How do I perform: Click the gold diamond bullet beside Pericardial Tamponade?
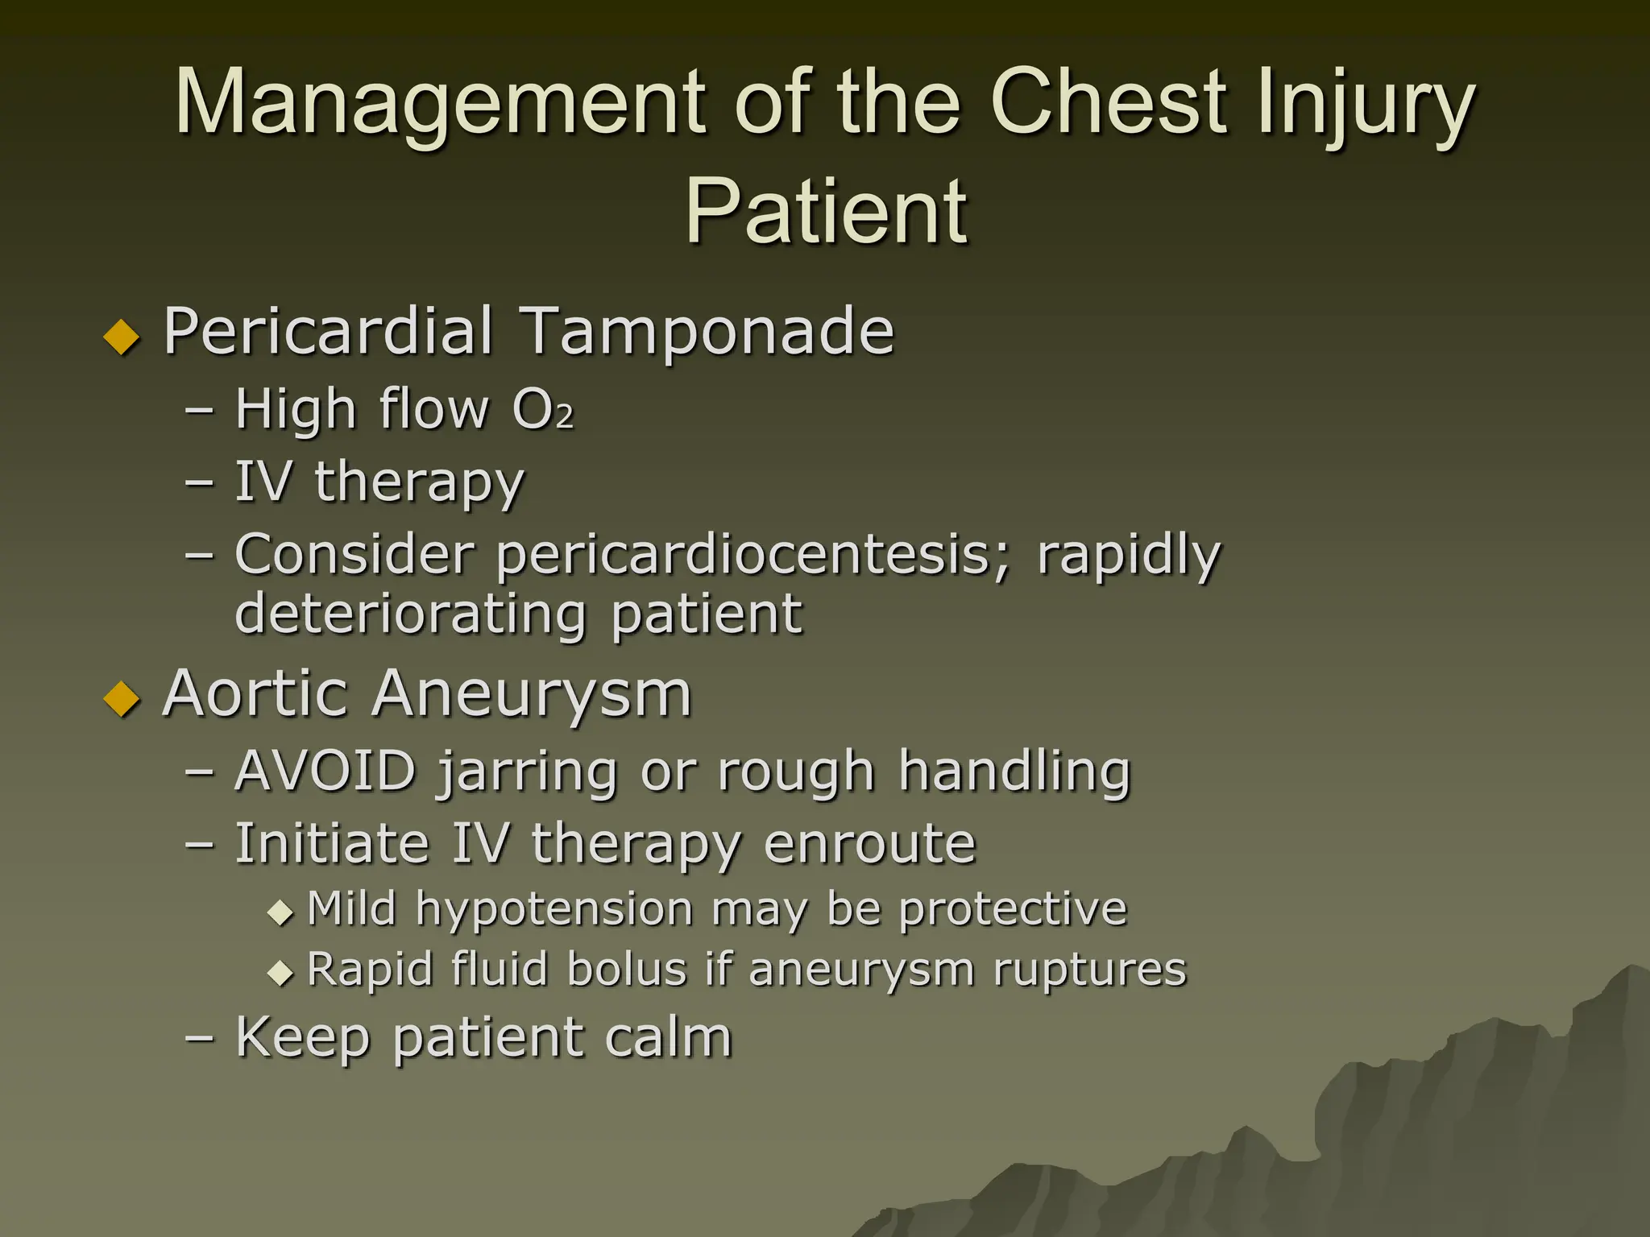click(x=122, y=336)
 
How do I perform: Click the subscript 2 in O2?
click(x=565, y=416)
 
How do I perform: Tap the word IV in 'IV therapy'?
click(x=263, y=482)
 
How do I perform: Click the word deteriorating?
click(x=411, y=614)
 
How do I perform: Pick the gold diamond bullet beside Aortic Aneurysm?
click(x=122, y=698)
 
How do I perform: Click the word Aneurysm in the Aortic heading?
click(x=532, y=693)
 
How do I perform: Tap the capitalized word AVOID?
click(x=325, y=771)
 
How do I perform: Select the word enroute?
click(x=869, y=843)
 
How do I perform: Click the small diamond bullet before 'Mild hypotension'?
click(x=280, y=913)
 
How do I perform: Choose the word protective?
click(x=1013, y=910)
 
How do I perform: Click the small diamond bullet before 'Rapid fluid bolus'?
click(x=280, y=973)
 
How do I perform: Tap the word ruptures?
click(x=1090, y=970)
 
